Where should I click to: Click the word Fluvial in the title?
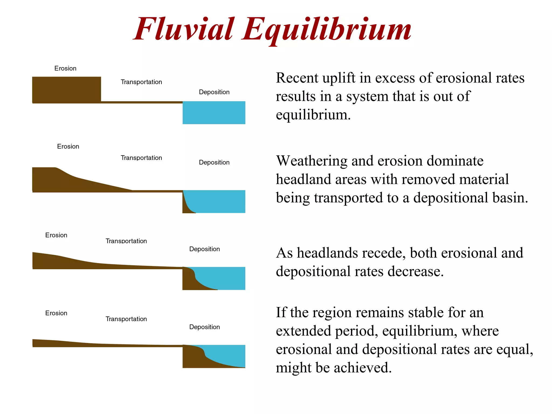pyautogui.click(x=184, y=29)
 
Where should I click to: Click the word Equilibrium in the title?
pyautogui.click(x=326, y=29)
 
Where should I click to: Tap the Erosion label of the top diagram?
pyautogui.click(x=65, y=68)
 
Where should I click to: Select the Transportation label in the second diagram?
pyautogui.click(x=141, y=158)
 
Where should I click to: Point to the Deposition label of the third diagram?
pyautogui.click(x=204, y=249)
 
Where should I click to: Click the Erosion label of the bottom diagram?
pyautogui.click(x=56, y=313)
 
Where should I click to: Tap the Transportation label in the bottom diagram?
pyautogui.click(x=126, y=319)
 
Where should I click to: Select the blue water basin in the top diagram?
pyautogui.click(x=214, y=113)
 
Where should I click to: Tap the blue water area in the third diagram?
pyautogui.click(x=224, y=276)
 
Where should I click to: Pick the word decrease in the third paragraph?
pyautogui.click(x=415, y=272)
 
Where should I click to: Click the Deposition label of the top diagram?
pyautogui.click(x=214, y=92)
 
